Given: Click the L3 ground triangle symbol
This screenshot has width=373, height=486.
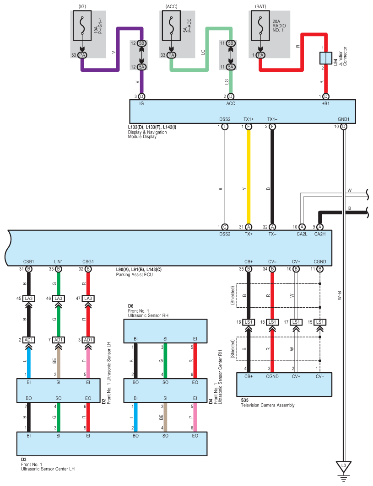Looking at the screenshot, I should [x=344, y=467].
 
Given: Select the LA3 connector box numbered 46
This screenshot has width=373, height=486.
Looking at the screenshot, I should [x=58, y=299].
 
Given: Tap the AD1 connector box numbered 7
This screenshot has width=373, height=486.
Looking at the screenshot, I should [x=58, y=340].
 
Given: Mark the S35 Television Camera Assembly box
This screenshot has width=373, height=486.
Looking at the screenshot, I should [x=284, y=384].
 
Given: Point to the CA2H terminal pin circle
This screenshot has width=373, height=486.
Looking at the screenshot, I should [x=320, y=227].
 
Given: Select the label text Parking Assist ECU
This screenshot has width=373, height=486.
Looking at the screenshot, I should [x=134, y=274].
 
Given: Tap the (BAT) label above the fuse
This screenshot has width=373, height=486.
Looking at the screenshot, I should [x=260, y=6].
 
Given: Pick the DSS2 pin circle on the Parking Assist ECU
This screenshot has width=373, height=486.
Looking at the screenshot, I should [x=225, y=227].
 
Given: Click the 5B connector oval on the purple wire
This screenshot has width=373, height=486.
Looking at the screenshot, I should [x=141, y=43].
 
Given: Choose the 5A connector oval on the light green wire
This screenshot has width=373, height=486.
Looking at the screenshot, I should [x=231, y=67].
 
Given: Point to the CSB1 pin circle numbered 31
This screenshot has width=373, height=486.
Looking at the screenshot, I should [x=28, y=269].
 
